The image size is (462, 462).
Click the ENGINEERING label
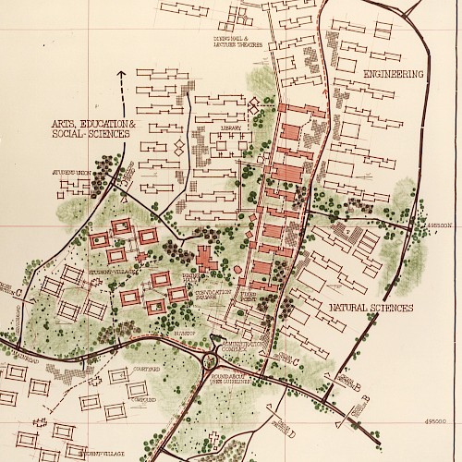(x=393, y=73)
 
